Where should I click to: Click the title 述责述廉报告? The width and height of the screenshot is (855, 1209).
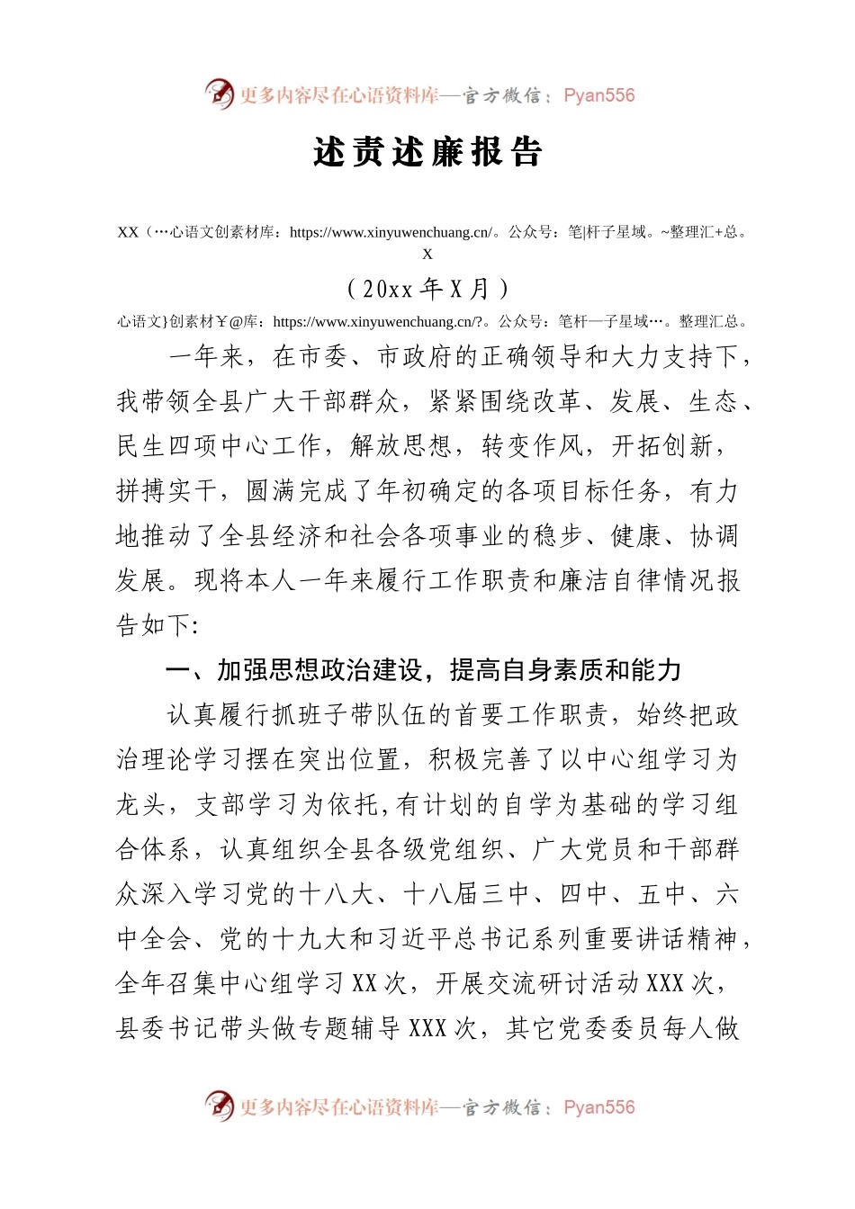(x=427, y=152)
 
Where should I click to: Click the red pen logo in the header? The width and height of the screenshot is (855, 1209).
(x=219, y=94)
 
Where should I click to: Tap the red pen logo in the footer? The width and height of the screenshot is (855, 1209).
(x=219, y=1106)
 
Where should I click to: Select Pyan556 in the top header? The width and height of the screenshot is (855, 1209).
(x=598, y=95)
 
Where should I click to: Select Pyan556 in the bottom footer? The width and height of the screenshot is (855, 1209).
(x=598, y=1107)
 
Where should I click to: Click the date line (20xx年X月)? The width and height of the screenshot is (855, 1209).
(x=427, y=289)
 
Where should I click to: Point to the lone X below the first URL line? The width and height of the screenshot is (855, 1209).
(x=427, y=254)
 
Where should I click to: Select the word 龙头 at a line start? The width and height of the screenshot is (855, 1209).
(x=141, y=804)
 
